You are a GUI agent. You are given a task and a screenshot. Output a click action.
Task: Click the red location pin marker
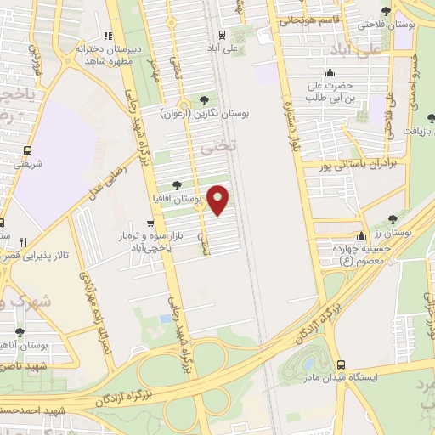pos(219,201)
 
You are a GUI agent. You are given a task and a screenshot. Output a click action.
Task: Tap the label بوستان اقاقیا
pos(172,198)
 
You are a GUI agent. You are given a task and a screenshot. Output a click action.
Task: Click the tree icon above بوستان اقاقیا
pos(176,184)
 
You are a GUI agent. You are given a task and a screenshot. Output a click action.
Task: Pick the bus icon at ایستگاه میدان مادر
pos(341,363)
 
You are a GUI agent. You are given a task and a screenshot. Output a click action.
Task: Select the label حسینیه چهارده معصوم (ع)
pos(350,252)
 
